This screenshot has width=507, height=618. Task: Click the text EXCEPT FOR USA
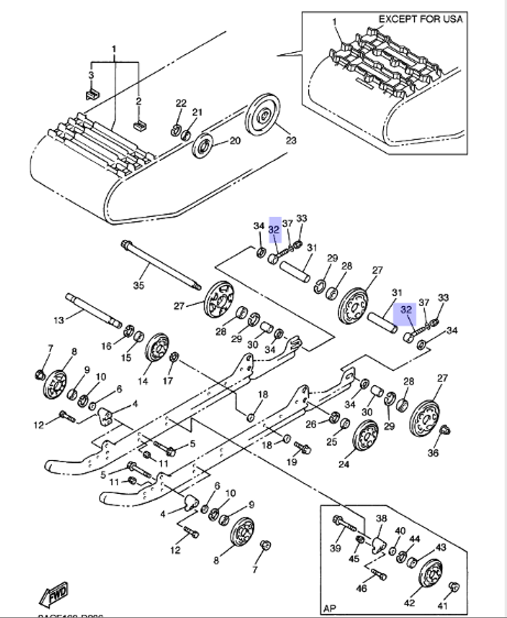click(x=420, y=19)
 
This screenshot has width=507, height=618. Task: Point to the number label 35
click(x=138, y=285)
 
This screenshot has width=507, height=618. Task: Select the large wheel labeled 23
click(x=263, y=115)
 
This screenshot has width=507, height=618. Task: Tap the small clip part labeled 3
click(x=91, y=94)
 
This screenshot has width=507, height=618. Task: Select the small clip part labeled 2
click(x=138, y=125)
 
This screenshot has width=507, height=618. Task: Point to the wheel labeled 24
click(x=365, y=438)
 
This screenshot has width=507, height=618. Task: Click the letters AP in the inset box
click(x=330, y=607)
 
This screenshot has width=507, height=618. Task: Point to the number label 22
click(x=181, y=103)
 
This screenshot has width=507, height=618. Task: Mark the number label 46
click(x=361, y=589)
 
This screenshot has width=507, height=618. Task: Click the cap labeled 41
click(x=455, y=589)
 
